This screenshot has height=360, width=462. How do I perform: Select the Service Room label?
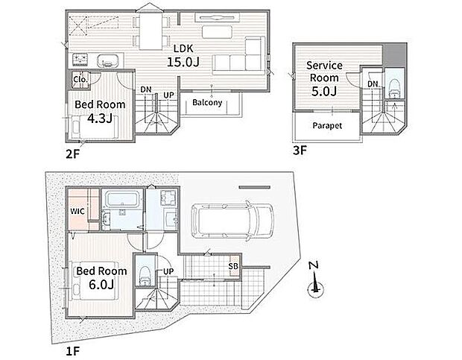pyautogui.click(x=324, y=72)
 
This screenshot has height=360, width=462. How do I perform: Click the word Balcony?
pyautogui.click(x=206, y=103)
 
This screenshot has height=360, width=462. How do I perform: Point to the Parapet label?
pyautogui.click(x=327, y=126)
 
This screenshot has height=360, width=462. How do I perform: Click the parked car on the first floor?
pyautogui.click(x=230, y=220)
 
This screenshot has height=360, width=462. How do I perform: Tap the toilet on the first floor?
pyautogui.click(x=146, y=271)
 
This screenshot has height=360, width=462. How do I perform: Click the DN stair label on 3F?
pyautogui.click(x=373, y=84)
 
